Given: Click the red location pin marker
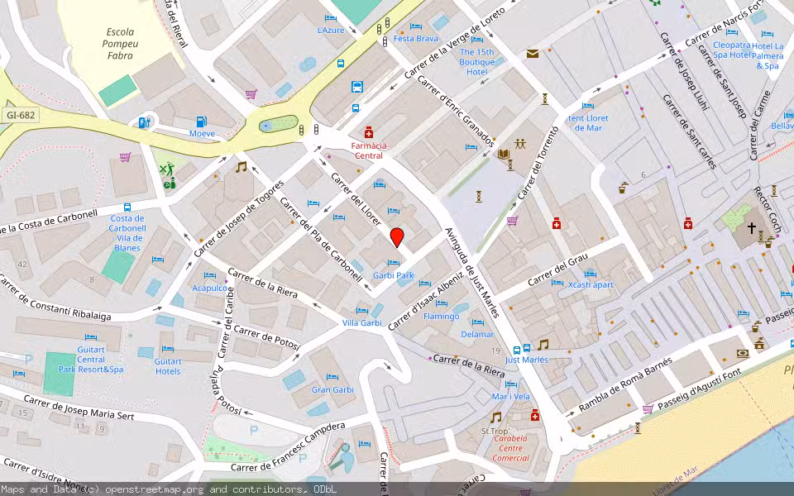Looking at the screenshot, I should [397, 237].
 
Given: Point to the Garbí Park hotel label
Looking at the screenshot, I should [393, 275].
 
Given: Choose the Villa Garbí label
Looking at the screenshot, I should [362, 322].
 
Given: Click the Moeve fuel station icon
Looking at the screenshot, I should [145, 123].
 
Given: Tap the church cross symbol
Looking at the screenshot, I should [752, 227].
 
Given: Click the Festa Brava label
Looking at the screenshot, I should [416, 39].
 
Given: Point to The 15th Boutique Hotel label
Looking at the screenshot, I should [477, 62].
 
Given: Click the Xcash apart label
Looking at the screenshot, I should [591, 285].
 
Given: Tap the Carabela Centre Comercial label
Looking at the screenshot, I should [510, 448].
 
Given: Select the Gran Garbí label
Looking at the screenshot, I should [332, 389].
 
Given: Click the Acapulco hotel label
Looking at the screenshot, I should [209, 288].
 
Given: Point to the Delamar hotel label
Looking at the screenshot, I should [477, 334].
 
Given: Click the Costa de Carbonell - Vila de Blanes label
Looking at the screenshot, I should [127, 233].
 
